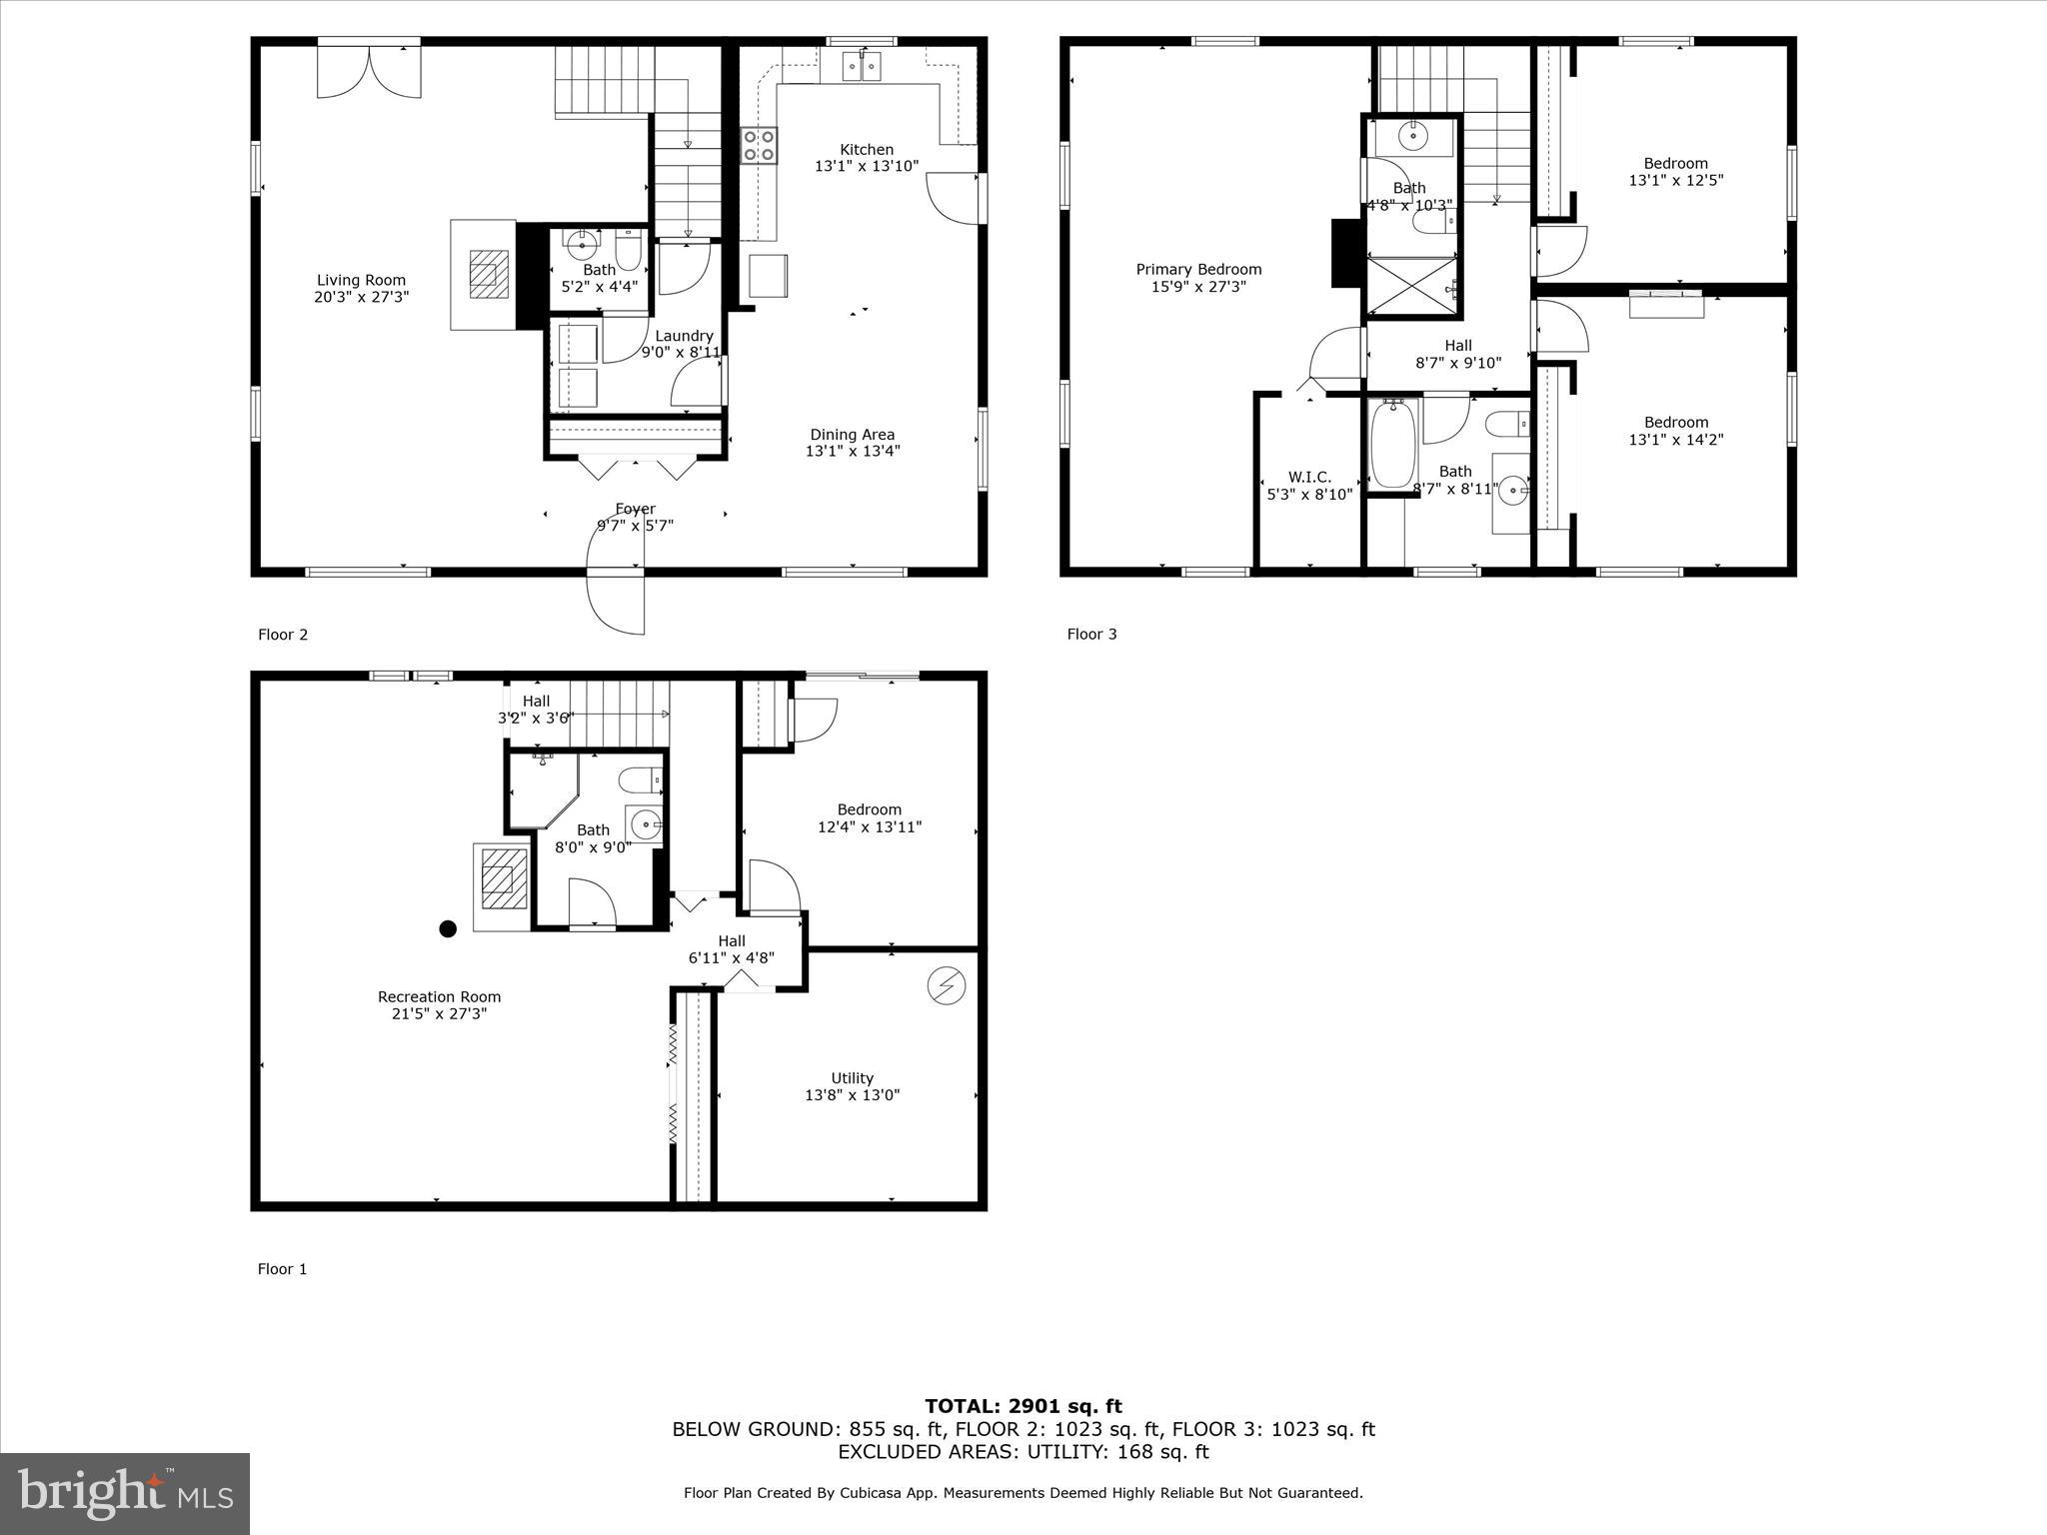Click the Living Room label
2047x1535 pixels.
click(x=361, y=281)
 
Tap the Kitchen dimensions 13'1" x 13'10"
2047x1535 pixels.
click(x=866, y=167)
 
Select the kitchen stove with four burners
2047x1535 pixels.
click(x=759, y=145)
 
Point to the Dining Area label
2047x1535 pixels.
click(x=852, y=435)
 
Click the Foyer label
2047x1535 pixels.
click(x=635, y=510)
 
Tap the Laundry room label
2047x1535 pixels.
click(x=684, y=336)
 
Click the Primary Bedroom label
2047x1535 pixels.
click(x=1198, y=270)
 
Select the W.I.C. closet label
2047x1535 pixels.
click(x=1309, y=478)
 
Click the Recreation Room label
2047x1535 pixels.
click(x=439, y=996)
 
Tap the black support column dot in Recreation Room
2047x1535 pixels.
click(x=448, y=928)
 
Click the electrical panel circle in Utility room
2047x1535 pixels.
click(x=946, y=986)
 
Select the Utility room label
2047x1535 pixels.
click(x=852, y=1078)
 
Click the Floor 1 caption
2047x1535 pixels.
click(x=282, y=1269)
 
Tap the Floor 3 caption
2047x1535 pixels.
click(x=1091, y=634)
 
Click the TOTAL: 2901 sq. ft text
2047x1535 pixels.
click(x=1023, y=1407)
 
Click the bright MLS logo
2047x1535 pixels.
click(x=125, y=1493)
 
